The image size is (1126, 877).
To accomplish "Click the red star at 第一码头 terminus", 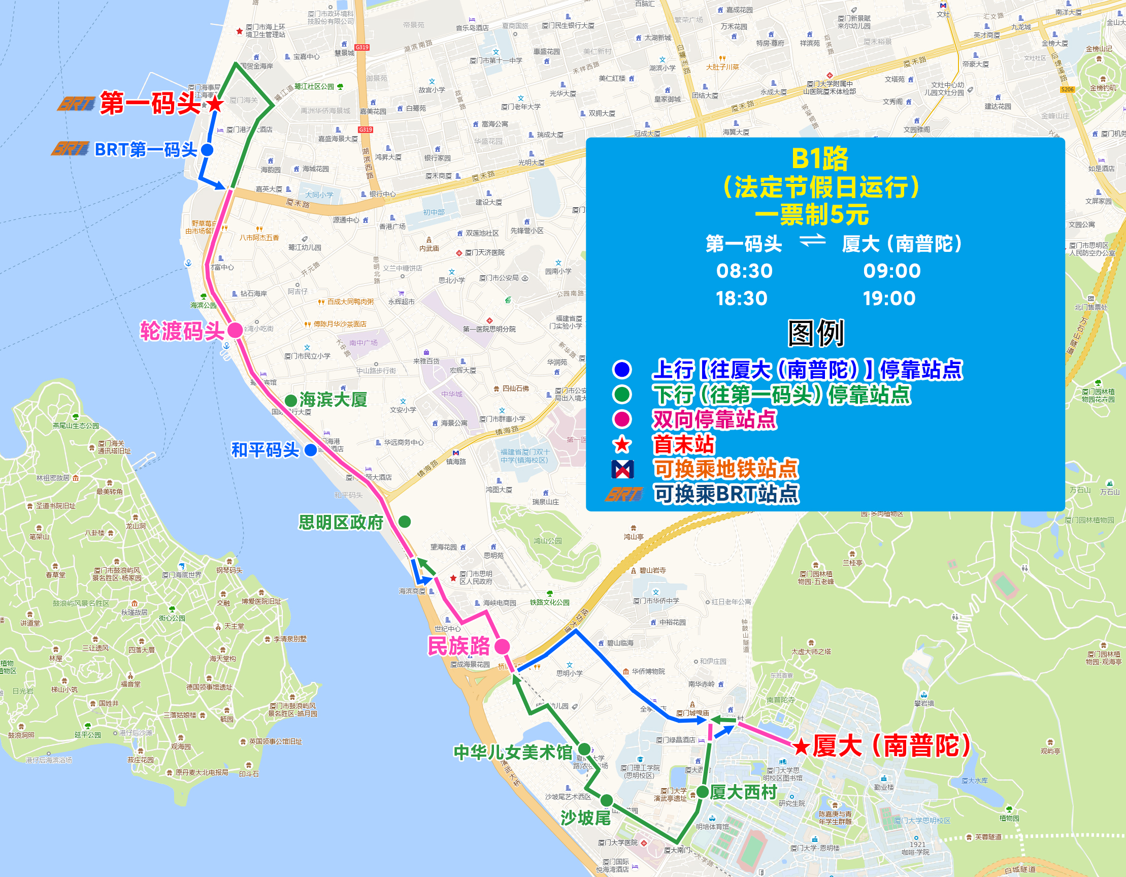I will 216,105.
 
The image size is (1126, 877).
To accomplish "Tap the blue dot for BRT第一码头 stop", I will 207,150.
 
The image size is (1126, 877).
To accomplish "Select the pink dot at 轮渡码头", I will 235,330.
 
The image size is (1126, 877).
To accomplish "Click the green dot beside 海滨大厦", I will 291,400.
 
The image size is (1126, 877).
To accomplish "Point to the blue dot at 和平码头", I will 311,450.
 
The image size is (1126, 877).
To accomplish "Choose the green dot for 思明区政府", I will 405,522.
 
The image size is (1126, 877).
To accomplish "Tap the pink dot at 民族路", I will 502,646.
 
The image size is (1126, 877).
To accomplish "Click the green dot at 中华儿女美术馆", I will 584,749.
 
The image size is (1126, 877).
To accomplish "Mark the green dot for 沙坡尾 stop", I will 607,800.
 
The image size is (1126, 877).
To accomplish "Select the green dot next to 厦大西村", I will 702,792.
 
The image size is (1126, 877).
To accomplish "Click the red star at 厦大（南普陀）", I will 801,746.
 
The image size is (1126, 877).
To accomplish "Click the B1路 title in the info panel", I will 820,159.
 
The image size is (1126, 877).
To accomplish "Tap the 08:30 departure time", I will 744,271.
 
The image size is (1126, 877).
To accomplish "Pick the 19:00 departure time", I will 889,299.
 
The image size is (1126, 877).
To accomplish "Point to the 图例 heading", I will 816,333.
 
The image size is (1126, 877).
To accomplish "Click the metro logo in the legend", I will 622,469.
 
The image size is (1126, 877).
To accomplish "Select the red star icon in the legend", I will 622,444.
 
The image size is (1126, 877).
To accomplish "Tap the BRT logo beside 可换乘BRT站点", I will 624,495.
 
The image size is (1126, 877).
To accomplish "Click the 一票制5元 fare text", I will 812,215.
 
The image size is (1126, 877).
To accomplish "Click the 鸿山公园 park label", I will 548,541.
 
